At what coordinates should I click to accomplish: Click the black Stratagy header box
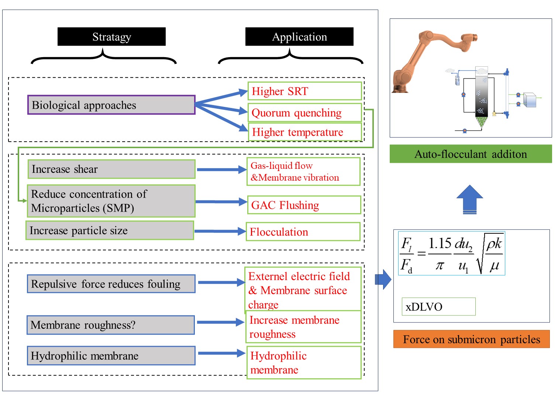point(111,36)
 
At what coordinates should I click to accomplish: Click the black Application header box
point(299,36)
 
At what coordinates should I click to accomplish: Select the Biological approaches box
point(111,105)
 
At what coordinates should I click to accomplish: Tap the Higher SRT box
point(304,91)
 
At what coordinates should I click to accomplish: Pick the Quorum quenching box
point(304,112)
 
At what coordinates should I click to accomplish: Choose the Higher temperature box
point(304,132)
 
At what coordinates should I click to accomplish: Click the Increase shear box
point(111,169)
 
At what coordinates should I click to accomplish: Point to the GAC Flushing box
point(304,205)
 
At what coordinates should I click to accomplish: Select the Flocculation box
point(303,232)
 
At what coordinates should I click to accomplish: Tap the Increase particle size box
point(110,230)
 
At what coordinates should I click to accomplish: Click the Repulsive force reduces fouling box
point(111,284)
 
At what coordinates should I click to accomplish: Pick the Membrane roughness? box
point(111,325)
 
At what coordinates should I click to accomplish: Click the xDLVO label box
point(438,307)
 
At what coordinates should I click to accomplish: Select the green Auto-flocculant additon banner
point(471,154)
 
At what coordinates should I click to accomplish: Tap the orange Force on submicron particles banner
point(471,339)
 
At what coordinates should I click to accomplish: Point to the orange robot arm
point(424,59)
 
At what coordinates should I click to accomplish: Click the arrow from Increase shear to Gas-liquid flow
point(221,170)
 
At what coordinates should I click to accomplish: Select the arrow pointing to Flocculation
point(220,231)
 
